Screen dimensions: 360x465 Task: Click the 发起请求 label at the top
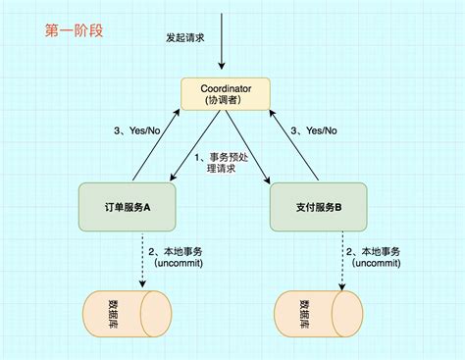(185, 38)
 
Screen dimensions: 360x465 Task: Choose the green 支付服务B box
(320, 206)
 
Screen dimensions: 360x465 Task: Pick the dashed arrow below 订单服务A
(144, 259)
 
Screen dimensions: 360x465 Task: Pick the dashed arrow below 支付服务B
(342, 259)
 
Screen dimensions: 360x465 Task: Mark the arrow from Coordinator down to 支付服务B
(249, 147)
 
